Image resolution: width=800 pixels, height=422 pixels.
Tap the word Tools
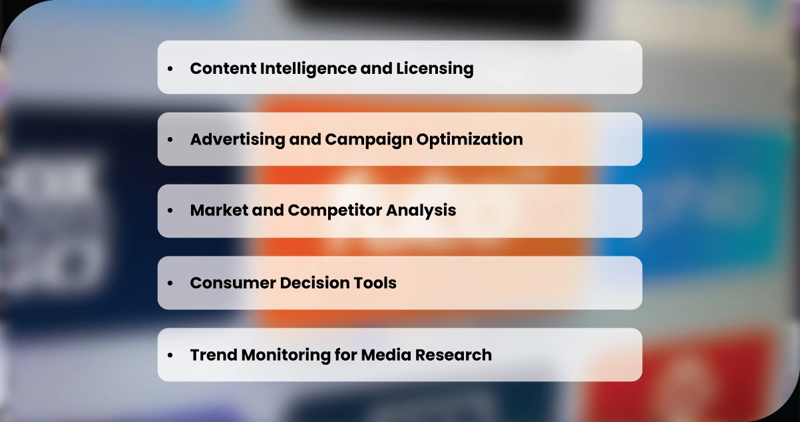point(376,283)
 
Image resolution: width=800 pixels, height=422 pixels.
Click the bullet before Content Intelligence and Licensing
point(170,69)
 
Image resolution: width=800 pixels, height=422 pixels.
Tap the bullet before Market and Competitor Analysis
point(170,210)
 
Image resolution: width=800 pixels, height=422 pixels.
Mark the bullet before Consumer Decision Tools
point(170,283)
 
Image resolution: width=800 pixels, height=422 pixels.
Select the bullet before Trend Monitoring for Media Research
point(170,355)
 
